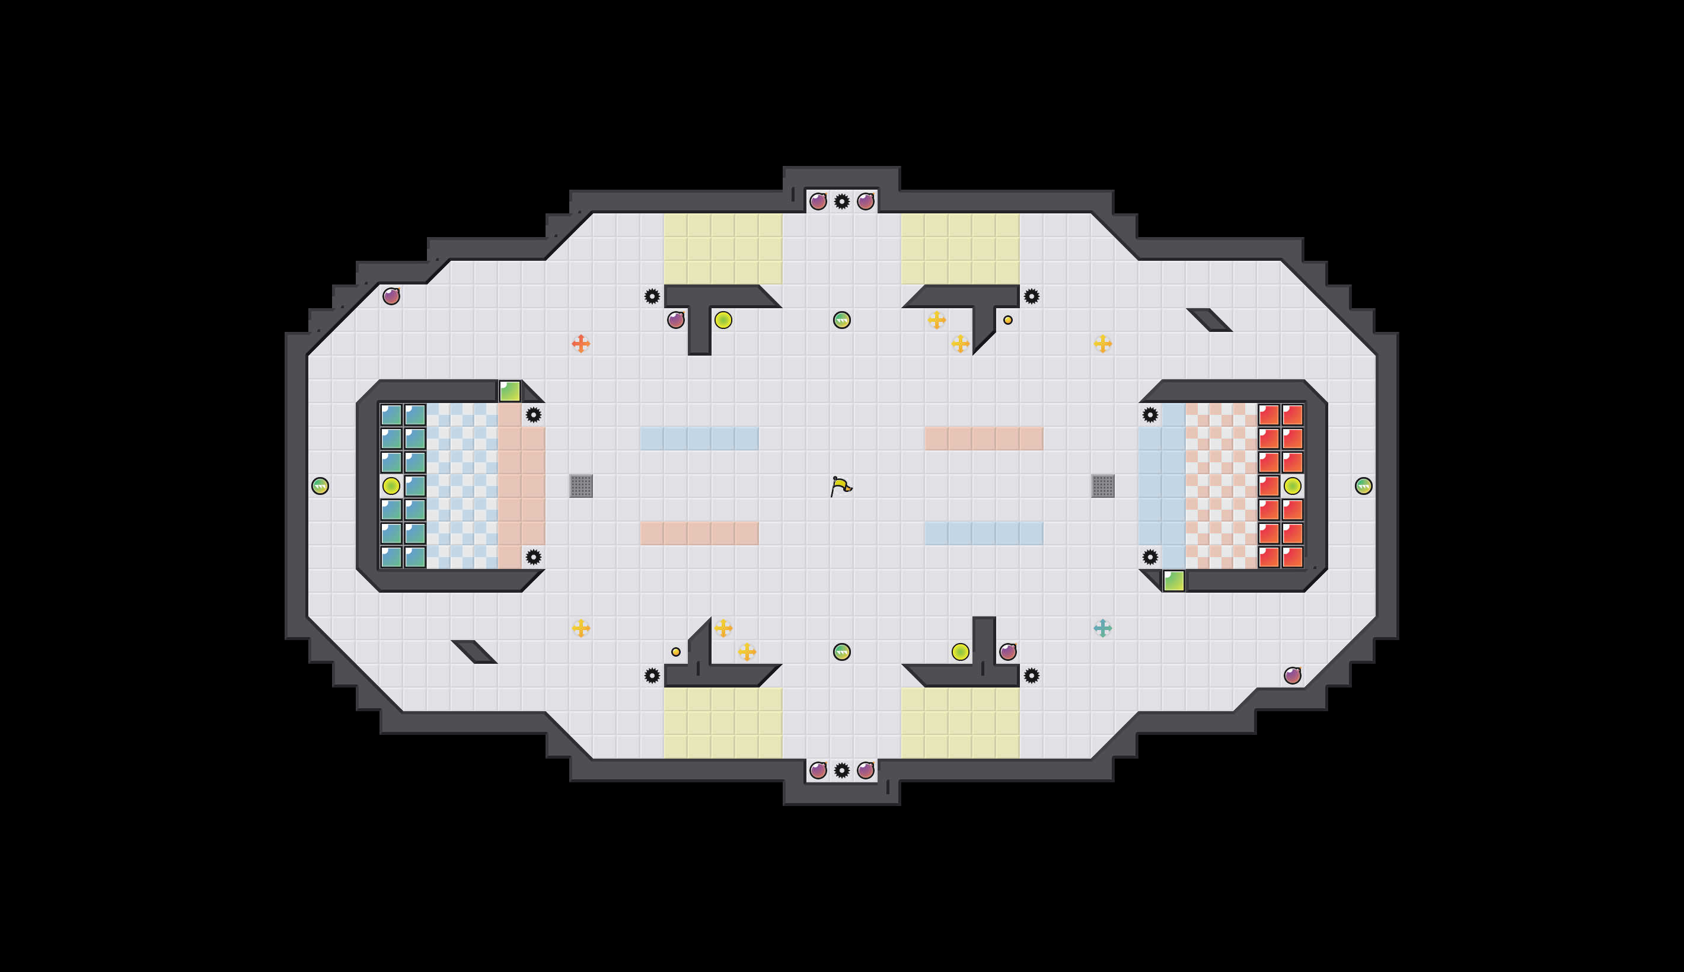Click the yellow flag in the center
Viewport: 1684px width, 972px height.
[841, 485]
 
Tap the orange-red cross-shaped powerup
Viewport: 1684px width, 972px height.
[581, 343]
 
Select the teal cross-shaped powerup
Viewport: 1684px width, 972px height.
[1102, 628]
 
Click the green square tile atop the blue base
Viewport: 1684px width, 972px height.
[509, 391]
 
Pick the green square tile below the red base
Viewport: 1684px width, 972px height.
[1174, 580]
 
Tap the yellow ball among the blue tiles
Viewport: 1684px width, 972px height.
[391, 485]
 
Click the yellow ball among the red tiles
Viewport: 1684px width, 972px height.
[1292, 485]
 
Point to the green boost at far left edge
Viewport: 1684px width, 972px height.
[320, 485]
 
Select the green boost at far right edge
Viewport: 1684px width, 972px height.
[1363, 485]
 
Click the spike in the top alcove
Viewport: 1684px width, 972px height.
[842, 201]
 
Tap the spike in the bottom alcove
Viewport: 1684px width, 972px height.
[842, 770]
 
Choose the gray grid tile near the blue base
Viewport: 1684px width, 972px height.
[581, 485]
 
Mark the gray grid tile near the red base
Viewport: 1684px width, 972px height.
[1102, 485]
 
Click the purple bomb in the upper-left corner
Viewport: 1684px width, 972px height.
[391, 296]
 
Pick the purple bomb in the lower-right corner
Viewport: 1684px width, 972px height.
[1292, 675]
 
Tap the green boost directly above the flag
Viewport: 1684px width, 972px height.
[842, 320]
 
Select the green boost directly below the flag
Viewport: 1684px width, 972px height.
[842, 651]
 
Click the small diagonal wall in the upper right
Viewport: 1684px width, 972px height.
[1208, 320]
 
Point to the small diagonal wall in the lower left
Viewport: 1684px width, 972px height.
[474, 651]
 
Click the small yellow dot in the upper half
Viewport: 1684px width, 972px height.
[1007, 320]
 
